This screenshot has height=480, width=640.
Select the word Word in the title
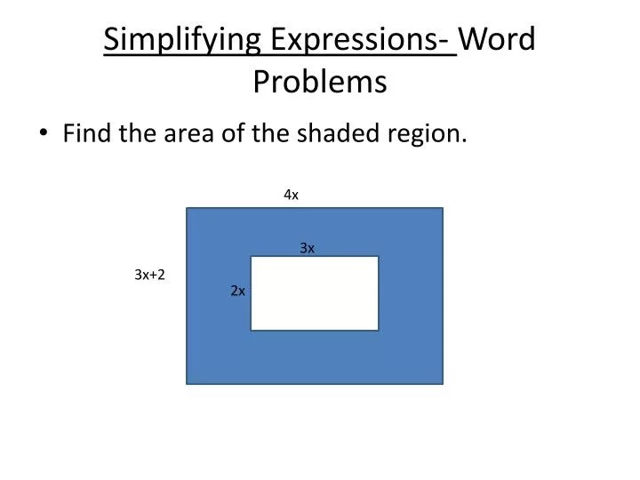(500, 40)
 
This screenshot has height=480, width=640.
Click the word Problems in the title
(320, 81)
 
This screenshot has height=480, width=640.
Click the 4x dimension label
(291, 195)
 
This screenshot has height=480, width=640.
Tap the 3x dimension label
(308, 248)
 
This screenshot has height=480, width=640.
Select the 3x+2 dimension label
(149, 276)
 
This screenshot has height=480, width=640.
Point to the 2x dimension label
(237, 291)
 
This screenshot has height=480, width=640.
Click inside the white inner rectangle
(315, 293)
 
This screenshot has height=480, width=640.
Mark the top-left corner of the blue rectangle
(187, 208)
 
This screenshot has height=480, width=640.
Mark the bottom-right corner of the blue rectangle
(442, 384)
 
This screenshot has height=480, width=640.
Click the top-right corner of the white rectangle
(378, 257)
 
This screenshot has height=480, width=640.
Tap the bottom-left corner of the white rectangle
(252, 330)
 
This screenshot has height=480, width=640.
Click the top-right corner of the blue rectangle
(442, 208)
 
